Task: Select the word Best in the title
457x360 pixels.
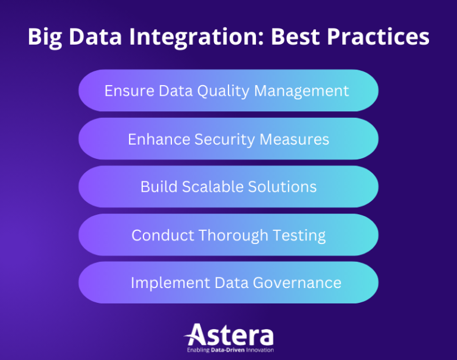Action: tap(296, 37)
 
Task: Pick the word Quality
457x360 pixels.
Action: tap(220, 91)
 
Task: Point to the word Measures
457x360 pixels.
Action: tap(298, 139)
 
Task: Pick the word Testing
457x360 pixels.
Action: tap(299, 236)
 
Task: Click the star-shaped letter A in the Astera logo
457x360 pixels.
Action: tap(196, 335)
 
